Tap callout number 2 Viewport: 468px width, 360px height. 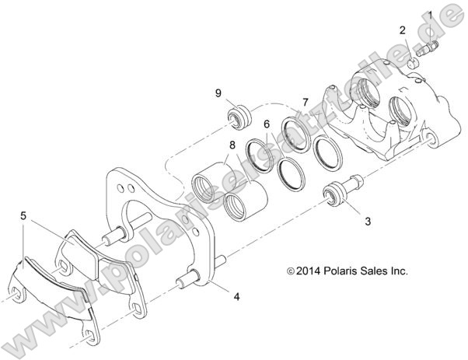point(403,30)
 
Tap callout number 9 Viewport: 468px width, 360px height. point(219,94)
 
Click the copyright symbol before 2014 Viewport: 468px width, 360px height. point(291,272)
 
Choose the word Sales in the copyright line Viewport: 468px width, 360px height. point(379,271)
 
